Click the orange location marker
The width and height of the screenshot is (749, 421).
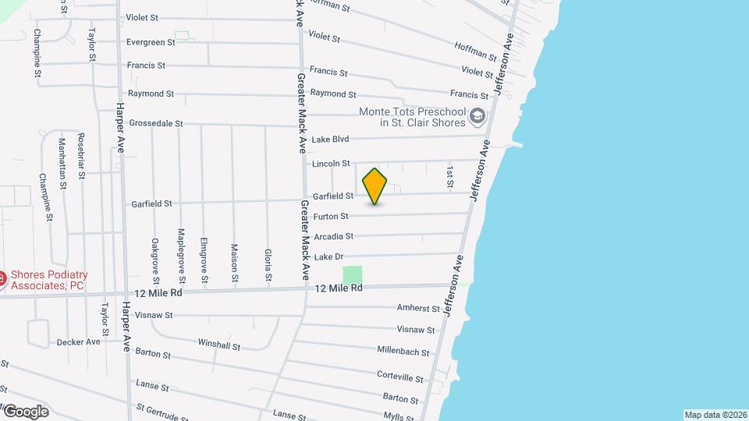click(x=375, y=186)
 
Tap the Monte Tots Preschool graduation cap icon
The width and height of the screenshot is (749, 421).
click(x=477, y=118)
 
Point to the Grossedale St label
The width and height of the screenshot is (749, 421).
click(x=155, y=123)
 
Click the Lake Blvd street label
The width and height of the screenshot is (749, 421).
click(x=329, y=140)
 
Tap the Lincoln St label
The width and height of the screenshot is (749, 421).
click(x=331, y=164)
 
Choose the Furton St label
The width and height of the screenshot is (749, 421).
click(x=331, y=216)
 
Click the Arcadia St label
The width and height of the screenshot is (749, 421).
click(x=333, y=236)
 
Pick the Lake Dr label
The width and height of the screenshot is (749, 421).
click(x=328, y=256)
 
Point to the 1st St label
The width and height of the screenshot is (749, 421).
click(x=450, y=175)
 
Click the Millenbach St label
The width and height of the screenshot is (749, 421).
click(x=403, y=351)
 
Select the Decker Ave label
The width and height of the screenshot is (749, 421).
click(x=79, y=341)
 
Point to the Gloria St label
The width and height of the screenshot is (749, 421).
click(x=268, y=265)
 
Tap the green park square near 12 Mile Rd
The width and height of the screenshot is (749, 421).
click(x=353, y=274)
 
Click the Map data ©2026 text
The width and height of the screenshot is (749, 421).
click(x=715, y=415)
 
